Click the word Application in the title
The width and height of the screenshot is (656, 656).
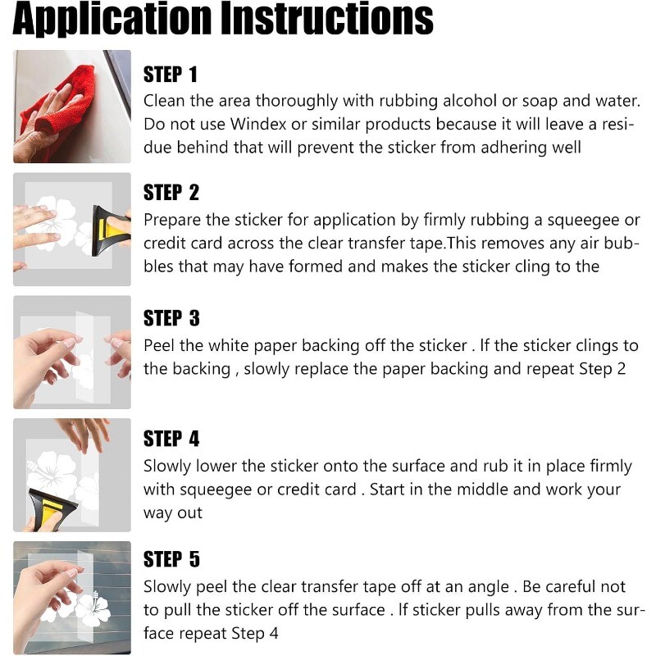(112, 19)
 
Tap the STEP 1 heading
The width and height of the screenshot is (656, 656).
(170, 75)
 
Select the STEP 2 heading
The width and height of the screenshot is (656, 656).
(171, 193)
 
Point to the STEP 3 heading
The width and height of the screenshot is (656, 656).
(171, 318)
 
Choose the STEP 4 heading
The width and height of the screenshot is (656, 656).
(171, 439)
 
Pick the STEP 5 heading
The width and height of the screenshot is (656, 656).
(171, 559)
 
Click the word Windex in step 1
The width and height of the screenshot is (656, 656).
(258, 125)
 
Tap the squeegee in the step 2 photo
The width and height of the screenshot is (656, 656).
(110, 230)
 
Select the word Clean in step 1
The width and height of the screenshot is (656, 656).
(164, 101)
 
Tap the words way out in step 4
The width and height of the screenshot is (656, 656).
(173, 513)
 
